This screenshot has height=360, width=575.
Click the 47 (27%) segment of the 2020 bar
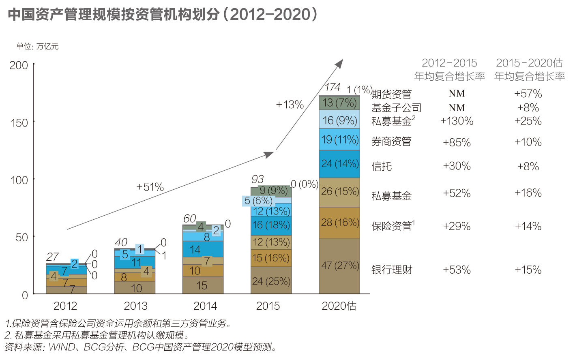click(339, 266)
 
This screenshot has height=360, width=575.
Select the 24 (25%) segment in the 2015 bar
click(271, 280)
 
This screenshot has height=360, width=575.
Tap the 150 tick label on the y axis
click(19, 123)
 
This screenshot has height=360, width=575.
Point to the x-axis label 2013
click(135, 306)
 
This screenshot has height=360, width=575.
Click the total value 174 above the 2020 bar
click(333, 88)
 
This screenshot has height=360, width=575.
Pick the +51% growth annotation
click(150, 187)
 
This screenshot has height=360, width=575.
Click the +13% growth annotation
click(290, 105)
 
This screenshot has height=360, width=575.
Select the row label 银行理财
click(392, 270)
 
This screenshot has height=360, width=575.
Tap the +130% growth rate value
click(457, 121)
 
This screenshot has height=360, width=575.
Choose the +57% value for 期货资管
click(528, 94)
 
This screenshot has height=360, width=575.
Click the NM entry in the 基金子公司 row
click(457, 108)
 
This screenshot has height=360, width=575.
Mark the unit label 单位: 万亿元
click(37, 47)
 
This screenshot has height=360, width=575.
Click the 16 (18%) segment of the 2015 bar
click(271, 226)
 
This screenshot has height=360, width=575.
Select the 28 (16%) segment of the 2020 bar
click(339, 223)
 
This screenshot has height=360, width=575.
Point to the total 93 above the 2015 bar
click(257, 179)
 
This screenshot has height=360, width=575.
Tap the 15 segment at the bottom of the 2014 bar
click(203, 285)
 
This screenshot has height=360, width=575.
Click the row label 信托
click(382, 167)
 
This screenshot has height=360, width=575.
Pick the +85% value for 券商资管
click(457, 142)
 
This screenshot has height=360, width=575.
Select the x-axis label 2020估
click(339, 306)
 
